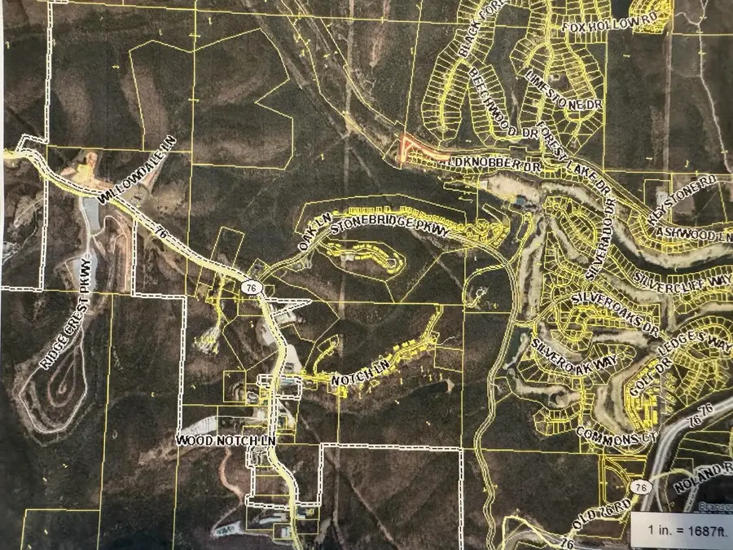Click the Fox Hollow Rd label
(598, 27)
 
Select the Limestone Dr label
(555, 90)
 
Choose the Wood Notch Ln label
(227, 440)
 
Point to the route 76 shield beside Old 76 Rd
(642, 486)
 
